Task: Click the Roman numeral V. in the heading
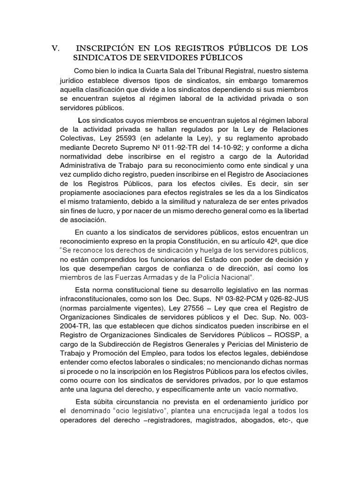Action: [x=56, y=49]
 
